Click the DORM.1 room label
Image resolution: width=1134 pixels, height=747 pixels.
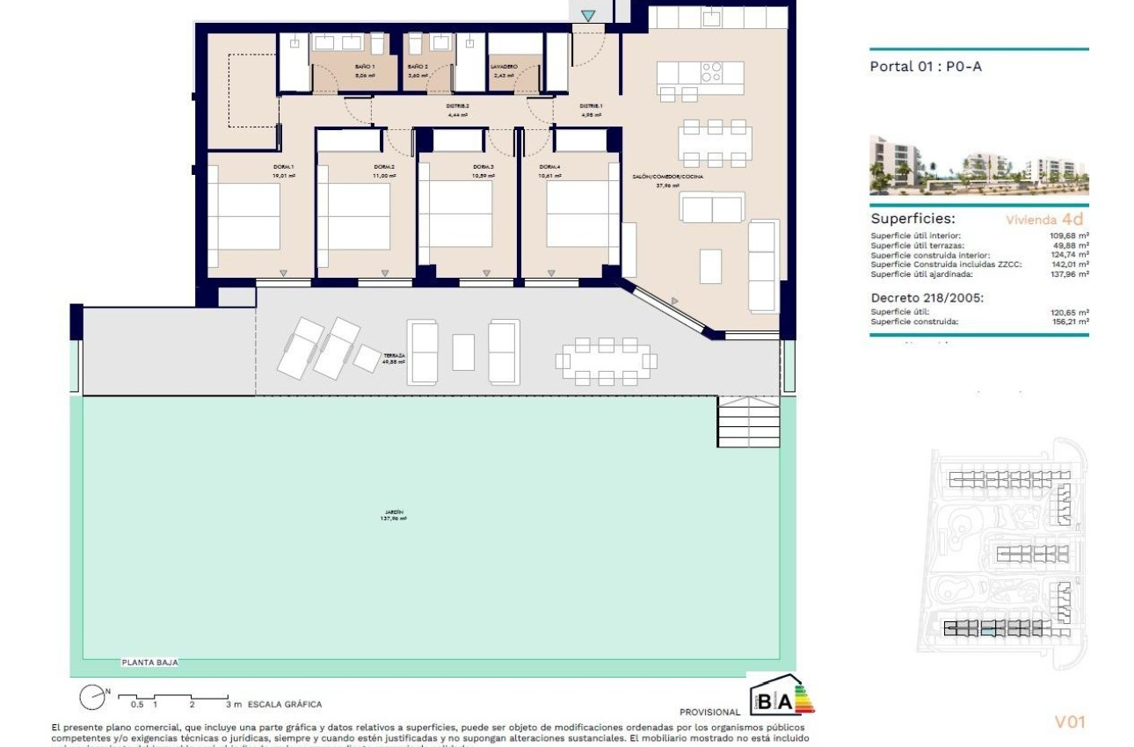[x=283, y=167]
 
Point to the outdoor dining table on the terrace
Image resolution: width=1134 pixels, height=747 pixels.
[x=606, y=360]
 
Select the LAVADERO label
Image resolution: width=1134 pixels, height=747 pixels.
[x=504, y=67]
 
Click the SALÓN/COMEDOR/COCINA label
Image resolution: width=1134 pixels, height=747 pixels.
[x=667, y=177]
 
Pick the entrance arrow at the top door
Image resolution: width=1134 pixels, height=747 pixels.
[x=587, y=15]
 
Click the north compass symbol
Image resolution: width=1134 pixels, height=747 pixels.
[x=92, y=698]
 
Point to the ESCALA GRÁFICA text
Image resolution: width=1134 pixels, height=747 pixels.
[x=285, y=704]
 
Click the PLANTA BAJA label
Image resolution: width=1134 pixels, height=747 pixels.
[x=149, y=664]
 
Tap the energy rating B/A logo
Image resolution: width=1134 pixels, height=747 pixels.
[x=780, y=695]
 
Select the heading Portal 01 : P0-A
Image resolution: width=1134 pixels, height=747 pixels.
[x=925, y=66]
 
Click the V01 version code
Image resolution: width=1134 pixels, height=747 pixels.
[x=1070, y=722]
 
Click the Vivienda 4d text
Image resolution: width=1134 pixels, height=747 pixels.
[x=1044, y=220]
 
